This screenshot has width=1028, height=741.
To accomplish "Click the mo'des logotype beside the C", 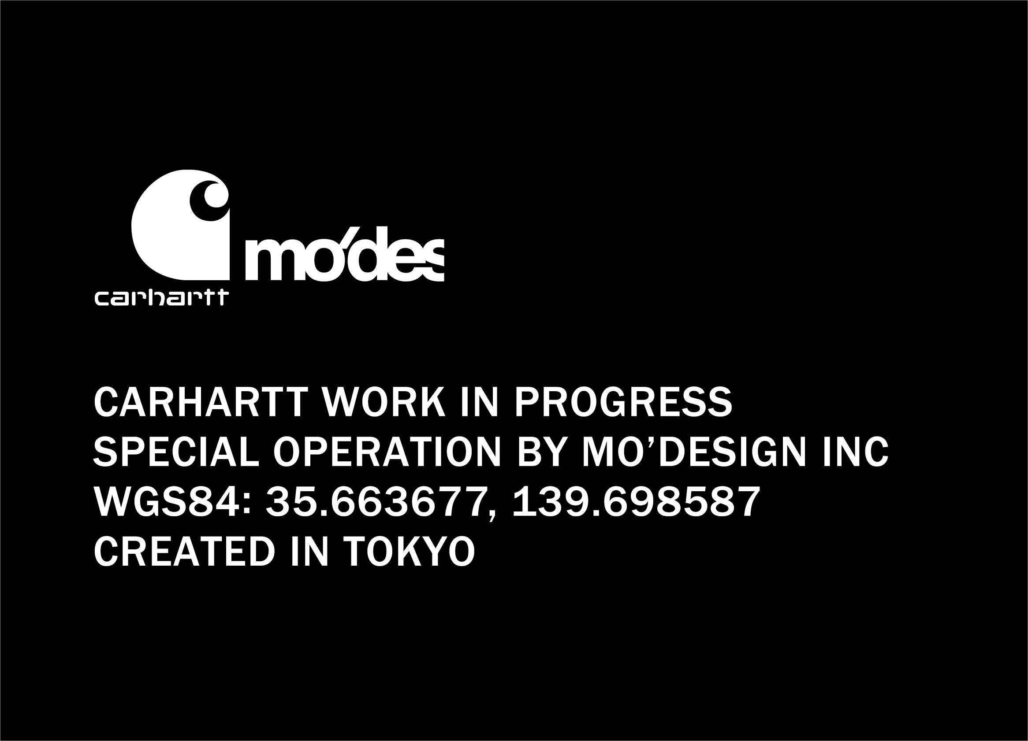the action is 344,254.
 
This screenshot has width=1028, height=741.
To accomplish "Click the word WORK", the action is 384,402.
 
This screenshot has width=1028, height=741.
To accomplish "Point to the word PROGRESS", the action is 623,402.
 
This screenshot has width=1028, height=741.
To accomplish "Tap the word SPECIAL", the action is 176,451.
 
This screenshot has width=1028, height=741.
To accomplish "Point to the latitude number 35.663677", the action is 381,502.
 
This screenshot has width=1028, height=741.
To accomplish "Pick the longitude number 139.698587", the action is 637,501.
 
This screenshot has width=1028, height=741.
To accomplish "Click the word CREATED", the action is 184,551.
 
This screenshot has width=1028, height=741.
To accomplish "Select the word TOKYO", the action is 409,551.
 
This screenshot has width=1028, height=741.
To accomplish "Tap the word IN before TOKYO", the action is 309,551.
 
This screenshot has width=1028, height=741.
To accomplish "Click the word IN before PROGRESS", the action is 480,402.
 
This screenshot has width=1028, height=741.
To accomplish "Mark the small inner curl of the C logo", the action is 209,200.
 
